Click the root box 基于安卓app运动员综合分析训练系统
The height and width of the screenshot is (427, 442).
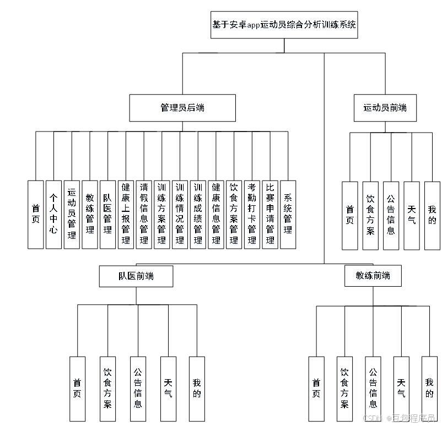click(284, 25)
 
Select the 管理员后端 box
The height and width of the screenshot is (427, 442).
click(182, 108)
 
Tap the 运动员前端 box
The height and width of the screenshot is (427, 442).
click(385, 108)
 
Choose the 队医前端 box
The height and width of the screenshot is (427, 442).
click(136, 276)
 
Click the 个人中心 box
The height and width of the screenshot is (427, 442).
click(53, 215)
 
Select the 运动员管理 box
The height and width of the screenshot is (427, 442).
click(72, 215)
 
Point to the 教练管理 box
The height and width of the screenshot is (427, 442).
click(89, 215)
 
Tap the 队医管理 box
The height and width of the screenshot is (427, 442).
click(107, 215)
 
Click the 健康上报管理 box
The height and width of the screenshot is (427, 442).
click(126, 215)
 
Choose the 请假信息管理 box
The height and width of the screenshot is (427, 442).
click(144, 215)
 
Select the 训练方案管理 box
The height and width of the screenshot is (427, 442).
click(161, 215)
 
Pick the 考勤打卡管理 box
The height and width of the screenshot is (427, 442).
click(252, 215)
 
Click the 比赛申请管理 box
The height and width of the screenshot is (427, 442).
click(269, 215)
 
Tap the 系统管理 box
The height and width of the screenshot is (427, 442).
click(288, 215)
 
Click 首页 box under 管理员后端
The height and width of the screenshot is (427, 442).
click(35, 215)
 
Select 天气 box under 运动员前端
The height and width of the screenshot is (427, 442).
click(411, 215)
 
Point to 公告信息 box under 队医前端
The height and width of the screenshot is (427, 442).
click(138, 388)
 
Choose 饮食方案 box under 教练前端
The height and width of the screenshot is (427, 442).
click(345, 388)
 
